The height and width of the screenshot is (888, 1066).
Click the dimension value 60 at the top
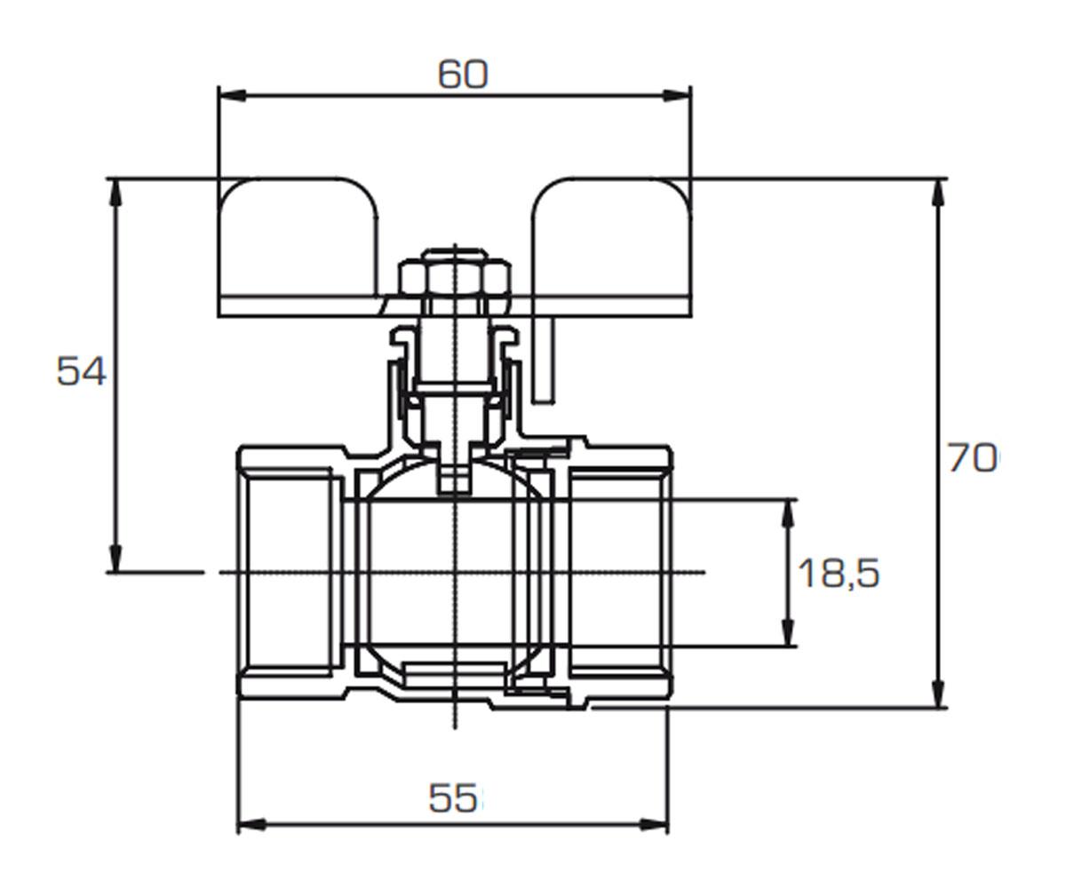(x=463, y=75)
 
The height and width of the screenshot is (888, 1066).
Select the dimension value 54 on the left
(x=81, y=371)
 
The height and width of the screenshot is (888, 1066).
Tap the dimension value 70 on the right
(x=972, y=457)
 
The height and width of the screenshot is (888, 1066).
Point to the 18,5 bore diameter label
(x=839, y=573)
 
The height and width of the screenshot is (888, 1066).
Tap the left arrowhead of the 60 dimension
(x=232, y=95)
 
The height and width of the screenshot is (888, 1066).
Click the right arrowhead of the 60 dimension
(x=677, y=95)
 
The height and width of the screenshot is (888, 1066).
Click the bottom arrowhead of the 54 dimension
(x=117, y=559)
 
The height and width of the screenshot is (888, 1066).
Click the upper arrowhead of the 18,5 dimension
(x=789, y=513)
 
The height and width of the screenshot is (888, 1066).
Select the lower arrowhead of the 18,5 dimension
(x=789, y=632)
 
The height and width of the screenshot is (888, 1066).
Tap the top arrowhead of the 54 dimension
(x=117, y=193)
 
